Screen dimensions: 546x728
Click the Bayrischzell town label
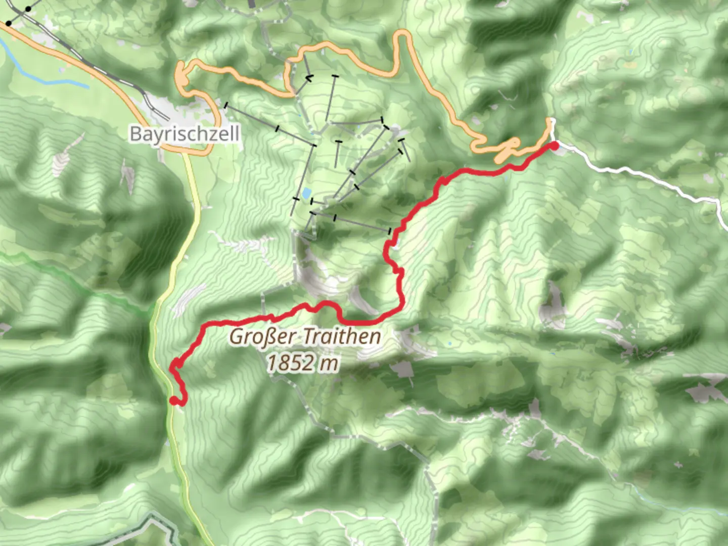coord(184,134)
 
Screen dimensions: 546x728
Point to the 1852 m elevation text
coord(302,362)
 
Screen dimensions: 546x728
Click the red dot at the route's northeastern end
coord(554,146)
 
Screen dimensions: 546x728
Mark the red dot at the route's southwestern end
coord(173,401)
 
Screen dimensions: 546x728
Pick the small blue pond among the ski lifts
coord(306,193)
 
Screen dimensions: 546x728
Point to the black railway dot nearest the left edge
coord(9,23)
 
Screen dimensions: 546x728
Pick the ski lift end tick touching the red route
coord(389,231)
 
